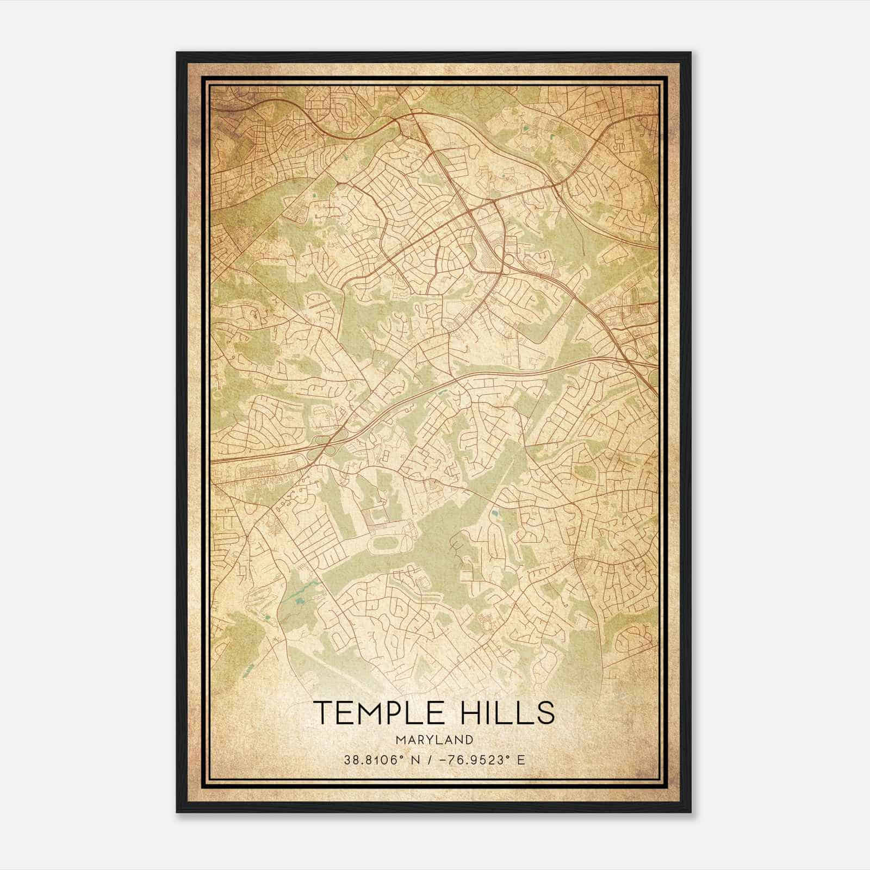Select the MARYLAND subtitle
(434, 740)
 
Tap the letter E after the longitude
(521, 760)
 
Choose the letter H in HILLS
(471, 713)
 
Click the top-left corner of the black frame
(178, 53)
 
